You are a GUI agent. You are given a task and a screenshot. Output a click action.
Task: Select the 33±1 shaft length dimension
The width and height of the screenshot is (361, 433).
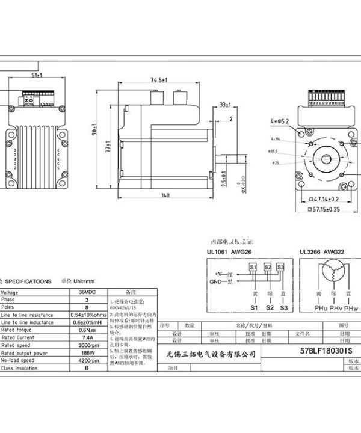[226, 104]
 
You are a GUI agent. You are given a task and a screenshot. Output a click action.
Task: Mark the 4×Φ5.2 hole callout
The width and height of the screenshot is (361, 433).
[280, 121]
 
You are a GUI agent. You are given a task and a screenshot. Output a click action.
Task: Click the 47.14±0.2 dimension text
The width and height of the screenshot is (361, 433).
[328, 198]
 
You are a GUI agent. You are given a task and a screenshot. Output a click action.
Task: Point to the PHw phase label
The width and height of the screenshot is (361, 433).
[351, 308]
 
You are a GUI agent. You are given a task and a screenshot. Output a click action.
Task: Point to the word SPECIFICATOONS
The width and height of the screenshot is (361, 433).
[29, 281]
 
